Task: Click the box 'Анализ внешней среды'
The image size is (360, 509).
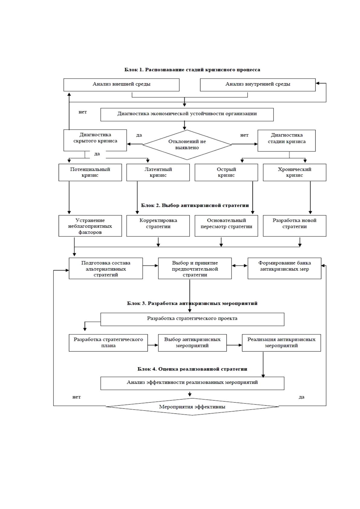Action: click(122, 85)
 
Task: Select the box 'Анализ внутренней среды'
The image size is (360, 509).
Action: click(258, 85)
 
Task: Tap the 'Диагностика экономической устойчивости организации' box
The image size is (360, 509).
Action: click(187, 115)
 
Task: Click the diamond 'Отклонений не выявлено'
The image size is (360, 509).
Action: click(187, 145)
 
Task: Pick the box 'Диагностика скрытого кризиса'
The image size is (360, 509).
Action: click(95, 140)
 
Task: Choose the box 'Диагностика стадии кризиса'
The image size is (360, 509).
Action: click(287, 141)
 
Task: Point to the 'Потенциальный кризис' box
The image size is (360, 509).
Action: click(90, 173)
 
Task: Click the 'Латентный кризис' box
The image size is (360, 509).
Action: click(158, 173)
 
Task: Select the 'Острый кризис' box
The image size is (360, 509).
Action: click(226, 173)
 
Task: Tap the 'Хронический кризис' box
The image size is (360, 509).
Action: click(294, 173)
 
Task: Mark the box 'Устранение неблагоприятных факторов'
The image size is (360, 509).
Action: click(90, 226)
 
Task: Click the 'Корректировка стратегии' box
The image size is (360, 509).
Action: click(158, 226)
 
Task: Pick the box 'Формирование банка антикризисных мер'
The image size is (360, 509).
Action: click(284, 268)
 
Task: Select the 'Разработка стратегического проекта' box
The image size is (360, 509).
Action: click(192, 319)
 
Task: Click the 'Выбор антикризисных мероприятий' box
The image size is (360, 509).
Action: click(192, 343)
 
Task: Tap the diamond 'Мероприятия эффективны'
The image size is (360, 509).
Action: click(192, 407)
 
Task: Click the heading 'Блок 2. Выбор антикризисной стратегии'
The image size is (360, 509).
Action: click(195, 206)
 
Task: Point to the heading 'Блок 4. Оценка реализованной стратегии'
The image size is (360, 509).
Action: click(192, 369)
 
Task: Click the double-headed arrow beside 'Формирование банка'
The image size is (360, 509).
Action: click(239, 265)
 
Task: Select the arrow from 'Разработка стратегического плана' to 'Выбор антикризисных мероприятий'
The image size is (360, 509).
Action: click(153, 345)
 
